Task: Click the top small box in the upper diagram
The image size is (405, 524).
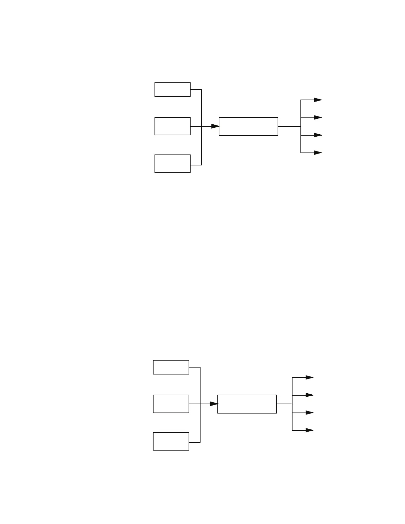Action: pyautogui.click(x=172, y=90)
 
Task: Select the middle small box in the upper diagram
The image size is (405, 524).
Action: pyautogui.click(x=172, y=126)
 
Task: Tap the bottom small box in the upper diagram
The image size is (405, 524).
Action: pyautogui.click(x=172, y=164)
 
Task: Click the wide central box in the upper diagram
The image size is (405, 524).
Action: pyautogui.click(x=248, y=126)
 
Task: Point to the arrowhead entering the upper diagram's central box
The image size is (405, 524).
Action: pyautogui.click(x=215, y=126)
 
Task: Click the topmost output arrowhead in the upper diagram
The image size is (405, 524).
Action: pyautogui.click(x=318, y=100)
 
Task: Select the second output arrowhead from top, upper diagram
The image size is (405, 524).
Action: pyautogui.click(x=318, y=117)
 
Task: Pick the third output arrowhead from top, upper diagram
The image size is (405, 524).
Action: pyautogui.click(x=318, y=135)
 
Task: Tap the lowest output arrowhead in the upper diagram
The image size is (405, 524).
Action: pyautogui.click(x=318, y=153)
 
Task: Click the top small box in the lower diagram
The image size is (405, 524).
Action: pyautogui.click(x=171, y=367)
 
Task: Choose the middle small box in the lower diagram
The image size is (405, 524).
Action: pyautogui.click(x=171, y=404)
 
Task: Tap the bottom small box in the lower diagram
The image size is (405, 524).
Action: pyautogui.click(x=171, y=441)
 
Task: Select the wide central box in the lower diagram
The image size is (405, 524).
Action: pyautogui.click(x=247, y=404)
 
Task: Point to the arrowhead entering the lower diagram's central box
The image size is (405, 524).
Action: pyautogui.click(x=214, y=404)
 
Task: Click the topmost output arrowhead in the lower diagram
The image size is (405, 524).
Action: pyautogui.click(x=309, y=377)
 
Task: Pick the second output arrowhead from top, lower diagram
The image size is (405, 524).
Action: pyautogui.click(x=309, y=395)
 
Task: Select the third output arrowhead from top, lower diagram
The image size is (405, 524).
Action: pyautogui.click(x=309, y=413)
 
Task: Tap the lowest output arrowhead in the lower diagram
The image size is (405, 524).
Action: pyautogui.click(x=309, y=430)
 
